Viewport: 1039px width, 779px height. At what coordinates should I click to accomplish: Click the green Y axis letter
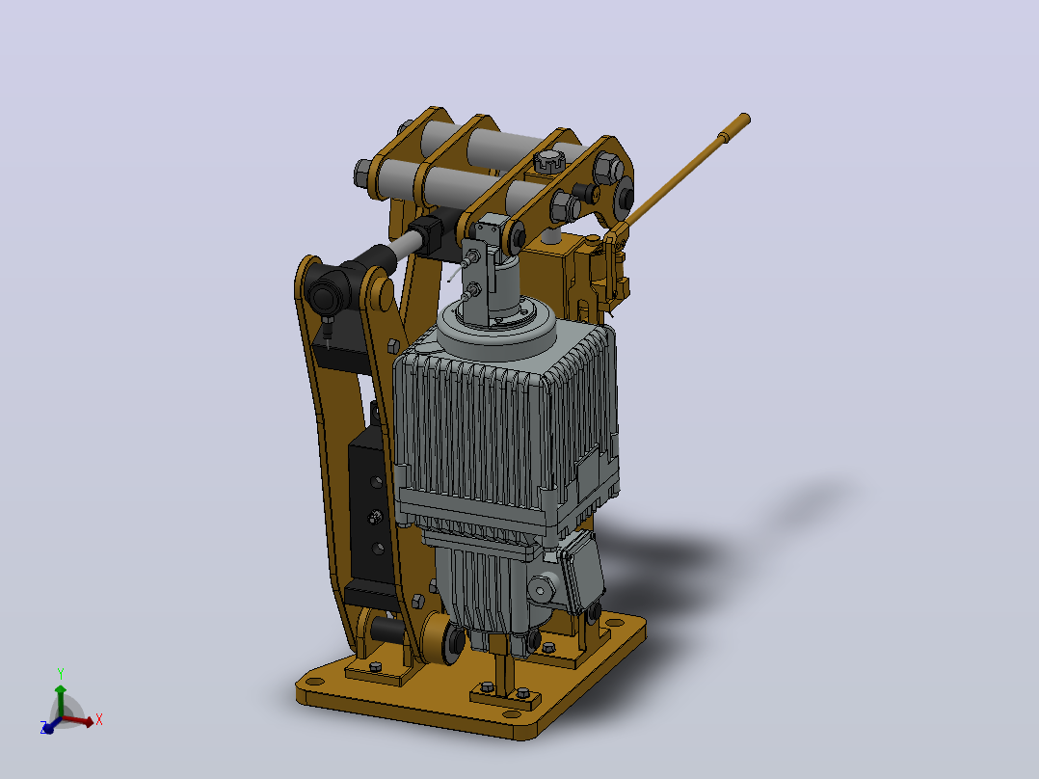[61, 674]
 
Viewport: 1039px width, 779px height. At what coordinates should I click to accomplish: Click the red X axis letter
[98, 719]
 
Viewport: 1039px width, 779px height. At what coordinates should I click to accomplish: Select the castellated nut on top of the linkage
[548, 160]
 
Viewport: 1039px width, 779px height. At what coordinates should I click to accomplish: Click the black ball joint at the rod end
[324, 296]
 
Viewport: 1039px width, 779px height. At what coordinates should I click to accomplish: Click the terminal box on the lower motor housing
[580, 572]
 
